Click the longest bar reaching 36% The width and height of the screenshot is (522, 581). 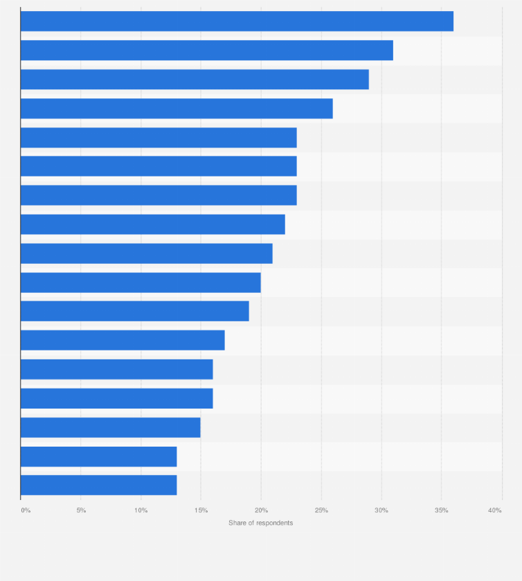click(237, 21)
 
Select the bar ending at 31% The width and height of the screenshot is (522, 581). click(206, 51)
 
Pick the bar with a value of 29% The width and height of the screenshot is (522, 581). click(195, 80)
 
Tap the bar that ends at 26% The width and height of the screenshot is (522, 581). click(177, 109)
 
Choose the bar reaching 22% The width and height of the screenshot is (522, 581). click(152, 224)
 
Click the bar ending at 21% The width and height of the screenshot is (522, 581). click(146, 253)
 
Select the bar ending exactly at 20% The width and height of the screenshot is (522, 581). click(141, 283)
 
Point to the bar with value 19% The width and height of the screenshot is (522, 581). click(134, 312)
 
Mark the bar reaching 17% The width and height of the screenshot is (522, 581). click(123, 340)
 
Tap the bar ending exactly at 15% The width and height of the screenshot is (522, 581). click(110, 427)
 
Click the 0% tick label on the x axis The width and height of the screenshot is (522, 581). click(26, 510)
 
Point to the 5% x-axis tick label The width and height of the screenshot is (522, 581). click(81, 510)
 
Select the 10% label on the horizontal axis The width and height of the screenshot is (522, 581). click(141, 510)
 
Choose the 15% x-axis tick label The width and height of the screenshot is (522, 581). click(201, 510)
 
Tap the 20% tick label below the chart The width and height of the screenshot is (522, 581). click(261, 510)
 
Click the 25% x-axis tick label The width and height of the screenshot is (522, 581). click(321, 510)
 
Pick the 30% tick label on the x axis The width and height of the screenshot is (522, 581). click(381, 510)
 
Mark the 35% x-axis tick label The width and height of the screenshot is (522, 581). click(442, 510)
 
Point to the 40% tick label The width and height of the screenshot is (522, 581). click(495, 510)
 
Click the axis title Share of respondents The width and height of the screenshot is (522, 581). click(261, 523)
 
